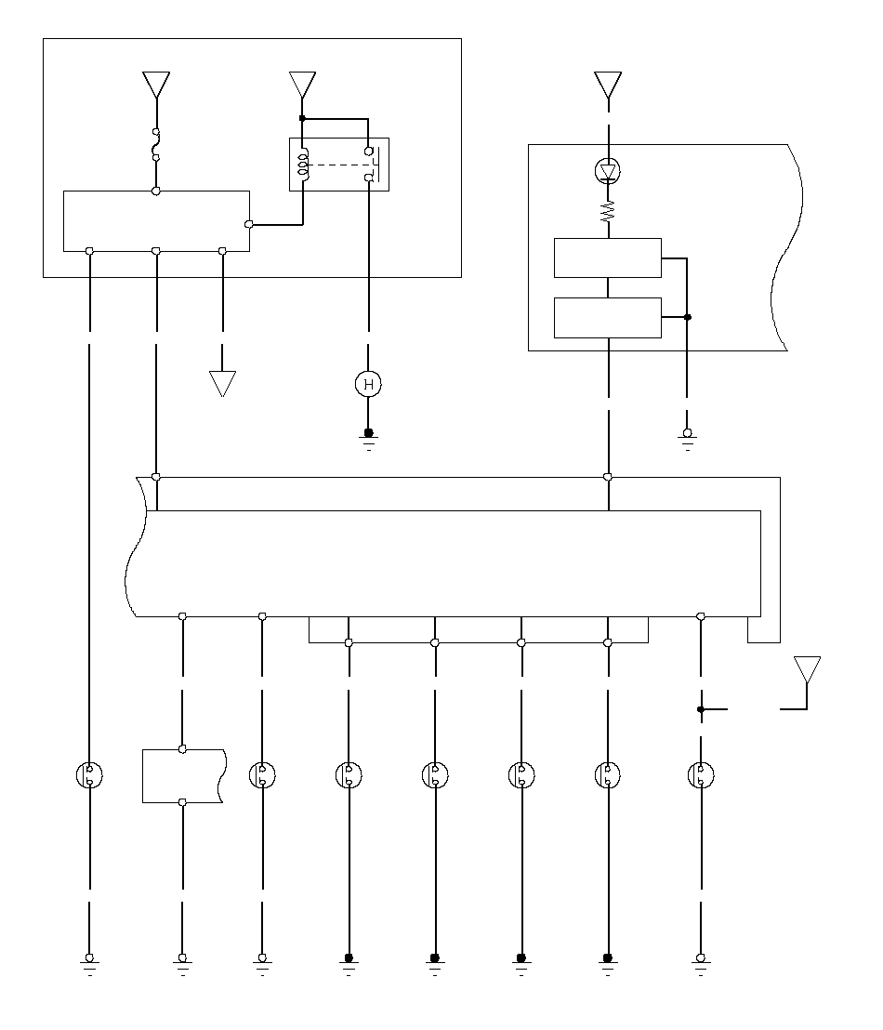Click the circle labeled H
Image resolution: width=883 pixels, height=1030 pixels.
coord(369,383)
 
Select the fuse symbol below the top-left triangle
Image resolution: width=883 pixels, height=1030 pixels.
coord(156,144)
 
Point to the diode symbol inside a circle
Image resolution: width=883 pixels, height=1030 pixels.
coord(608,171)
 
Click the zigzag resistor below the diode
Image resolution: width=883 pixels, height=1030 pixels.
coord(608,213)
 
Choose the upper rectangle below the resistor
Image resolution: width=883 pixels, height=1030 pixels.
coord(607,257)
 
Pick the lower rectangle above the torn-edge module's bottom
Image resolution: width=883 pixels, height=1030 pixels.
coord(607,317)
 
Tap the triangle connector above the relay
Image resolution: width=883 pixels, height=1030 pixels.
coord(302,85)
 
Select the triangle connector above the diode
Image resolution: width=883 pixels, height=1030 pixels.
coord(608,85)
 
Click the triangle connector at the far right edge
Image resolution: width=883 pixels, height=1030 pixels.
coord(807,668)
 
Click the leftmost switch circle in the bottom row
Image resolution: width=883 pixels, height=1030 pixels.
coord(89,775)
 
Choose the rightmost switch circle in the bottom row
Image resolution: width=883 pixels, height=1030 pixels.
coord(700,775)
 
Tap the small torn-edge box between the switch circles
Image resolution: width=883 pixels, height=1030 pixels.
coord(183,775)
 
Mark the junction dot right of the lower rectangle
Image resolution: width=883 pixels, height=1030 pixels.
coord(688,317)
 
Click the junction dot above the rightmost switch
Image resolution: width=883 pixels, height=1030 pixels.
coord(701,709)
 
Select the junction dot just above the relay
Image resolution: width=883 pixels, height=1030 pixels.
coord(302,118)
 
